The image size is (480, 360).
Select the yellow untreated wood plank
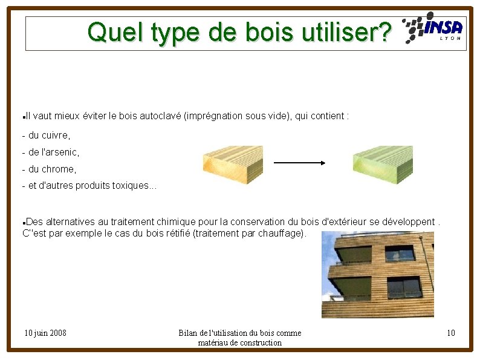tap(233, 165)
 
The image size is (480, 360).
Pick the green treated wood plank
tap(382, 165)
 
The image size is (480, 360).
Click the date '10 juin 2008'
tap(45, 333)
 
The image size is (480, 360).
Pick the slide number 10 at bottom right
tap(450, 333)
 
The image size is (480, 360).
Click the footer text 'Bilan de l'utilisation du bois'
tap(240, 333)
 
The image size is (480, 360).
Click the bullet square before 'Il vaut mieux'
tap(22, 116)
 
